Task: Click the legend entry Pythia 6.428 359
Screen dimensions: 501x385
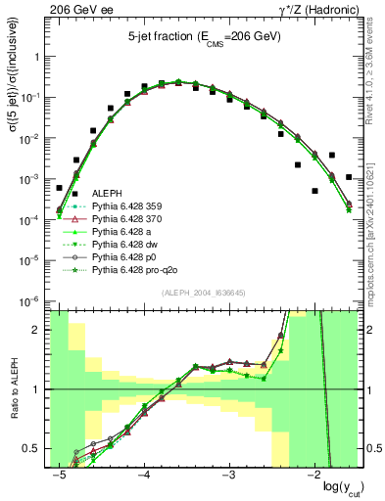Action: (122, 205)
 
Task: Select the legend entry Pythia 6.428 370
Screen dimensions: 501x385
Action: (122, 218)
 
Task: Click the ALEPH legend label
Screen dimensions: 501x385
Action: (105, 193)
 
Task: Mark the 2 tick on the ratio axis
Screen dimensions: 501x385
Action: (42, 330)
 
